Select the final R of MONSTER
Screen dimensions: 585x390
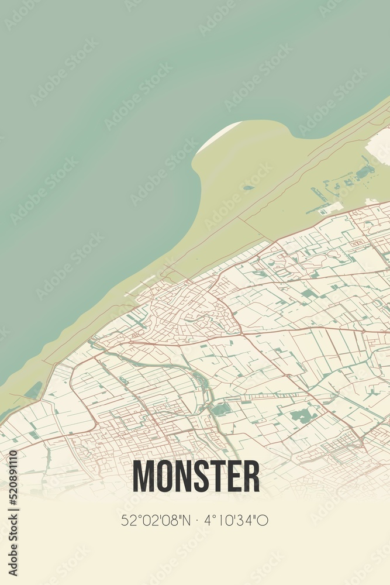click(x=251, y=476)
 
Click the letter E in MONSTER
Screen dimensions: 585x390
click(x=234, y=476)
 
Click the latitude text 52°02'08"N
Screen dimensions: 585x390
click(x=152, y=520)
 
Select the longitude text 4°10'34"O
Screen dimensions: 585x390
click(x=237, y=520)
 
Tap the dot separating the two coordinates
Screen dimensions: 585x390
click(x=195, y=520)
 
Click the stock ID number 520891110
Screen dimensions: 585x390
click(x=13, y=512)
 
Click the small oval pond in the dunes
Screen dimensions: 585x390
click(x=249, y=188)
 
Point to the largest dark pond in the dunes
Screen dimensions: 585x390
click(x=365, y=172)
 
